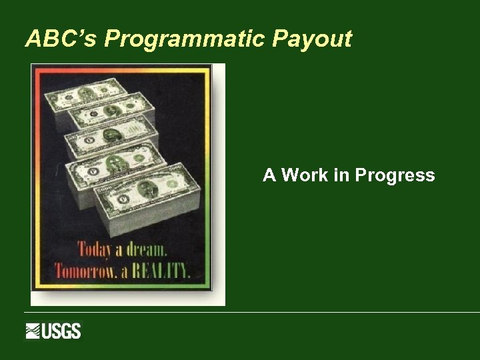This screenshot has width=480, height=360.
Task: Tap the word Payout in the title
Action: [x=312, y=39]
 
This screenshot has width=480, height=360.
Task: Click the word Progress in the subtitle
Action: [x=395, y=176]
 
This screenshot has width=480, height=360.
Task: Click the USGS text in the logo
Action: [x=62, y=331]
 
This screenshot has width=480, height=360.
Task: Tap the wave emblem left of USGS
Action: [x=33, y=331]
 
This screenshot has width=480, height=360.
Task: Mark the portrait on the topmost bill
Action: [x=85, y=93]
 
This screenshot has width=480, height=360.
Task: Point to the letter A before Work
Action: [x=269, y=175]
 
